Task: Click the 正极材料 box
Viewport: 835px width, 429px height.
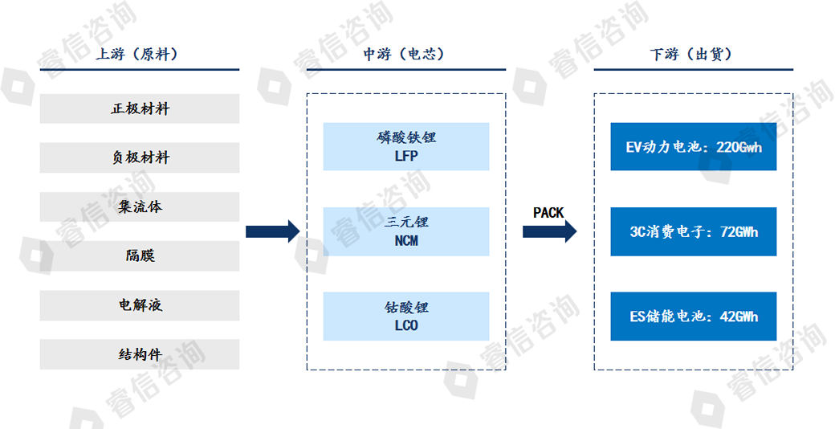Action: [140, 108]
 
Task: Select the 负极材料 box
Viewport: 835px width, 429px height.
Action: [140, 157]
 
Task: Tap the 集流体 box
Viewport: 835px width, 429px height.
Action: [140, 206]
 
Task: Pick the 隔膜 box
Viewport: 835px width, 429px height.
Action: [140, 255]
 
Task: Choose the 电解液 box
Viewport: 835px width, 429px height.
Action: [140, 305]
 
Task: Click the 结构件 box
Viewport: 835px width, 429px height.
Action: [140, 354]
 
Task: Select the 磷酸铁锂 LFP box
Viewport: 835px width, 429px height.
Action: [406, 146]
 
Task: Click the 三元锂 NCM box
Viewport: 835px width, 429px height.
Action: [406, 231]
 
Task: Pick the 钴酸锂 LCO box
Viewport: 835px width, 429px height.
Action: [406, 316]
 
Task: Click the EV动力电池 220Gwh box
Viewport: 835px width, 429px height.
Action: [693, 146]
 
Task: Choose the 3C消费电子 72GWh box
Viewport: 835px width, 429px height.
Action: [693, 231]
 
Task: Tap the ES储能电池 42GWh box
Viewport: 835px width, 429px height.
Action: [693, 316]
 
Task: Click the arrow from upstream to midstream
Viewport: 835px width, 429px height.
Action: [272, 231]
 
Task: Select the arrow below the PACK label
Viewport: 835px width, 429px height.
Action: [549, 231]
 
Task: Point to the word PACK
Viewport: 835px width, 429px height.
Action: [548, 213]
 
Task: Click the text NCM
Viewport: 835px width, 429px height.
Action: [406, 241]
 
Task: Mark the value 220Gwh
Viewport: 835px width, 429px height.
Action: [738, 147]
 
